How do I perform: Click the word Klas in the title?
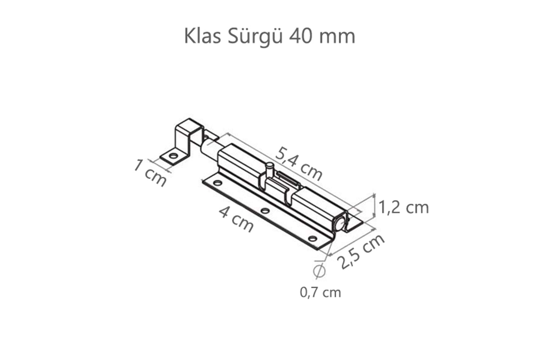coord(202,36)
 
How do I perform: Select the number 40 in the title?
coord(300,36)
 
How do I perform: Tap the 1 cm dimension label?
coord(150,173)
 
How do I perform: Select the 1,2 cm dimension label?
coord(404,208)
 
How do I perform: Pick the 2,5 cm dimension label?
coord(362,251)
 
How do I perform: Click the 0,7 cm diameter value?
coord(320,292)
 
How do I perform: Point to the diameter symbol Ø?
coord(319,270)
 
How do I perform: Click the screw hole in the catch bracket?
coord(174,157)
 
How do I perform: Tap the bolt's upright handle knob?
coord(269,168)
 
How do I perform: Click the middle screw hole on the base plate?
coord(265,211)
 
